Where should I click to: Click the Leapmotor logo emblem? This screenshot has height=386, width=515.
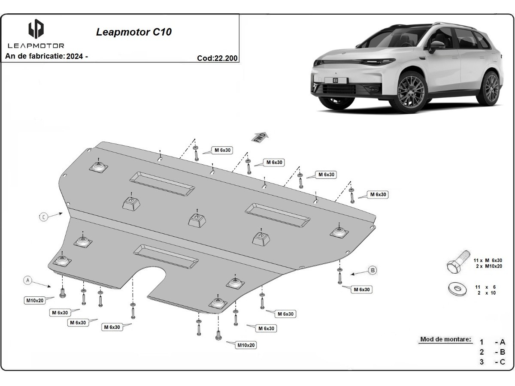(x=36, y=30)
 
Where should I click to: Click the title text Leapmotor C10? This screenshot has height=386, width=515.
(x=134, y=32)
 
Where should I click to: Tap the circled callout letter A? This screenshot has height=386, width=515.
(x=28, y=280)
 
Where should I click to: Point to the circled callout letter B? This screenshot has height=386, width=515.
(x=373, y=270)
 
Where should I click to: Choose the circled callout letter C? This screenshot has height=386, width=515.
(x=44, y=217)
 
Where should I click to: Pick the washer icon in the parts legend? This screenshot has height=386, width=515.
(x=458, y=288)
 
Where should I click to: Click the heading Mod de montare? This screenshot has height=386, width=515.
(x=445, y=339)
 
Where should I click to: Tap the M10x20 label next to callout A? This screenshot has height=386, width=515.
(x=35, y=300)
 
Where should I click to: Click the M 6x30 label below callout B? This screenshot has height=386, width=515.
(x=361, y=289)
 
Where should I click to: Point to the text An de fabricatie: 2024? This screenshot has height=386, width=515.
(x=46, y=56)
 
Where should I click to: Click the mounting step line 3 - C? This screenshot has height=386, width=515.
(x=492, y=362)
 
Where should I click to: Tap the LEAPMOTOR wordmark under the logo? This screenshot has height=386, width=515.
(x=36, y=45)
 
